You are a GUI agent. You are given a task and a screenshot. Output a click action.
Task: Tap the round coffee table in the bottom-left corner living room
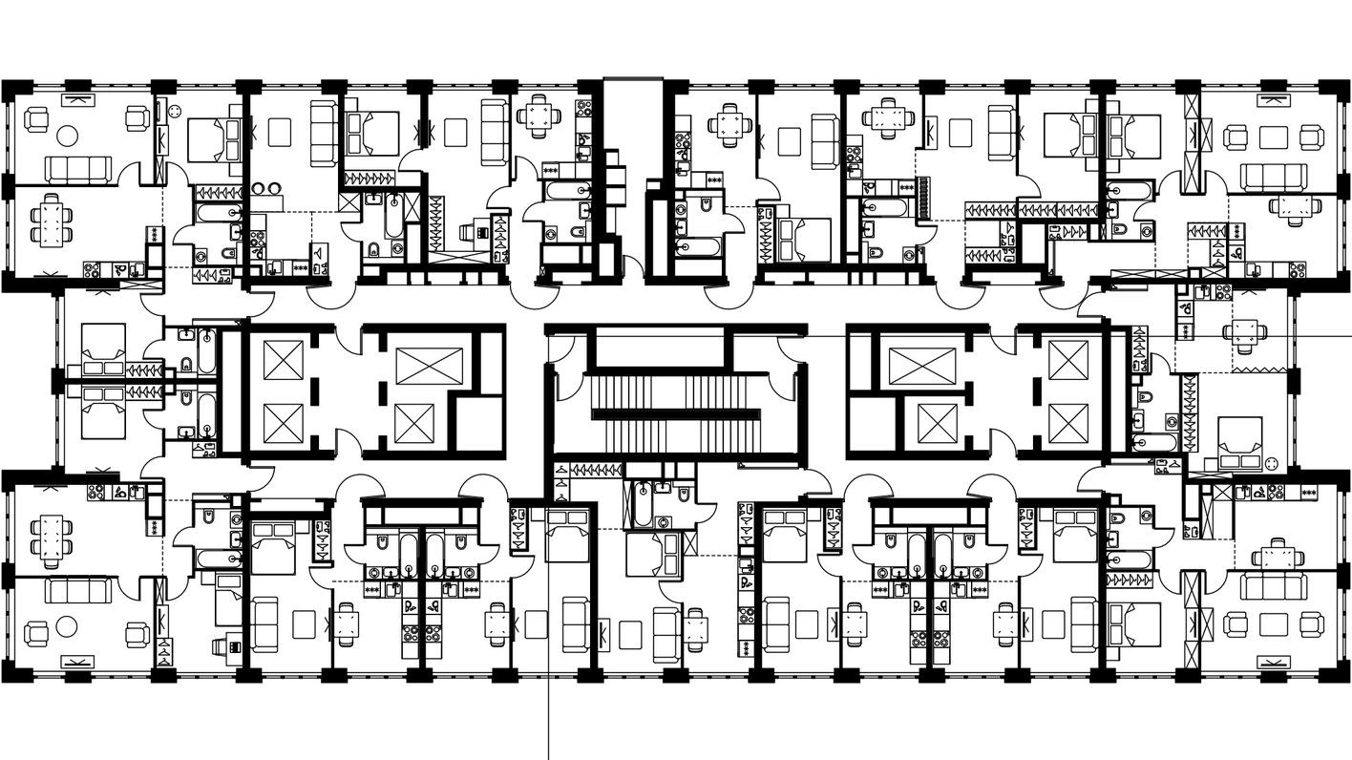click(x=66, y=626)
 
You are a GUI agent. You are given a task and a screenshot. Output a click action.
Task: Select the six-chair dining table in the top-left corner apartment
click(x=51, y=222)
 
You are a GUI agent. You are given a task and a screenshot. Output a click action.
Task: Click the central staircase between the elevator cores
click(x=676, y=414)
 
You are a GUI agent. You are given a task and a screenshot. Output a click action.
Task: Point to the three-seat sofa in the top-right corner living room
click(x=1273, y=176)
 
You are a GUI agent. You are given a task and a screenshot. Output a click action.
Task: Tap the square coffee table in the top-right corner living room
click(x=1273, y=137)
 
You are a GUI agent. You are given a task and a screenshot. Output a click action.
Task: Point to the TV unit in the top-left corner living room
click(x=76, y=99)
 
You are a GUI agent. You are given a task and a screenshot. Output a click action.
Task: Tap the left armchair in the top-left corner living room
click(x=36, y=120)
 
